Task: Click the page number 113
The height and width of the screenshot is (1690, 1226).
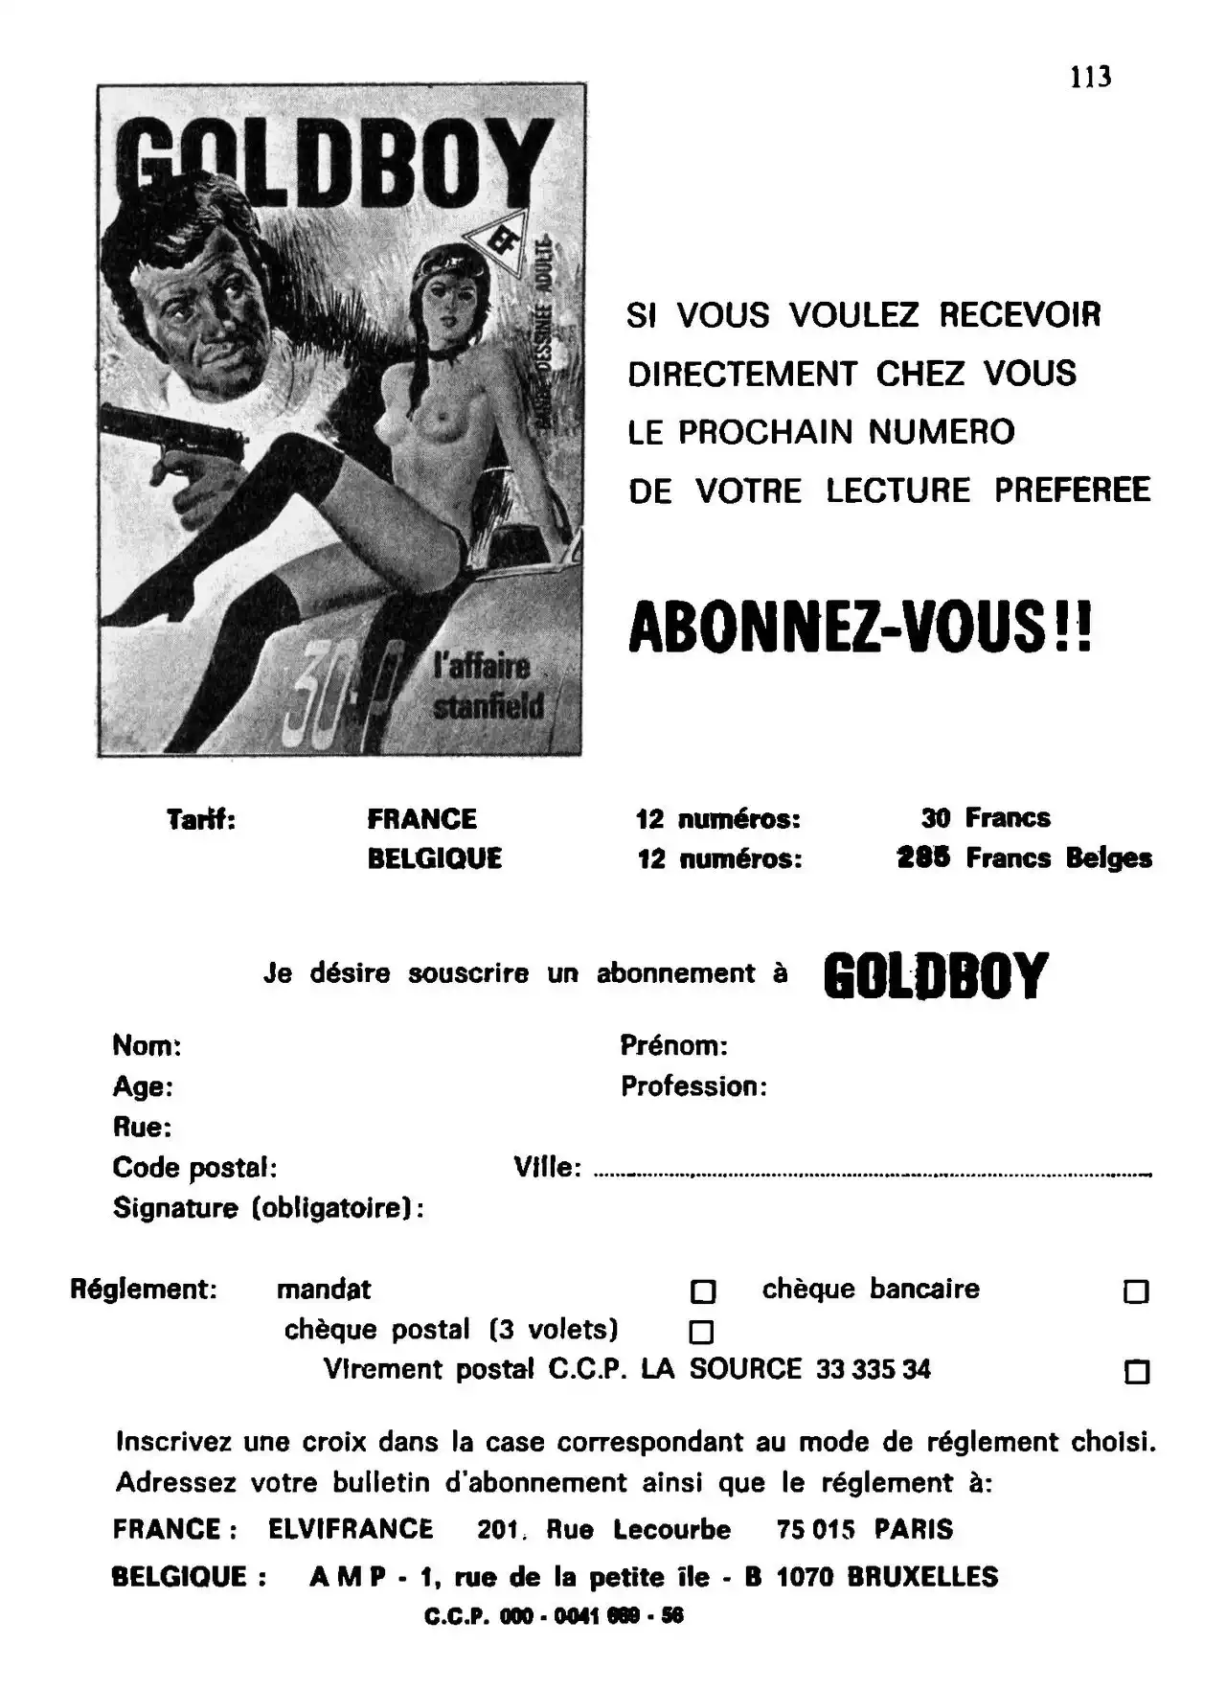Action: [x=1090, y=77]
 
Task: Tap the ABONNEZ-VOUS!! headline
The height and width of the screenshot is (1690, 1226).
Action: [x=859, y=629]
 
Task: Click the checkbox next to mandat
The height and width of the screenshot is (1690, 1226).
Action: [x=703, y=1292]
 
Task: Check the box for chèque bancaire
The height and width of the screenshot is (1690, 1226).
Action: [x=1136, y=1292]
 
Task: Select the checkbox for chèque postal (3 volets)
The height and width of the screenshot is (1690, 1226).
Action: [x=702, y=1332]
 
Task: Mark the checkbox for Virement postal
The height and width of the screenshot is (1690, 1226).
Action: [x=1136, y=1372]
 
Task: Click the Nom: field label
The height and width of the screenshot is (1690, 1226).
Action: [x=148, y=1045]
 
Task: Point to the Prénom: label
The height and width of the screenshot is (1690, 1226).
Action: [x=674, y=1045]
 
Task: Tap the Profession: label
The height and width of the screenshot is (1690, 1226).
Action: [x=693, y=1086]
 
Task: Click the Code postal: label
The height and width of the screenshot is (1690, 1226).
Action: [x=195, y=1168]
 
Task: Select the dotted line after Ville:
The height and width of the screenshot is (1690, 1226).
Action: [x=872, y=1175]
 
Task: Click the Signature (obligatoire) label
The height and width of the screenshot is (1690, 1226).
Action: [x=268, y=1208]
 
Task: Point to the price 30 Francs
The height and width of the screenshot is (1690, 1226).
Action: [x=986, y=818]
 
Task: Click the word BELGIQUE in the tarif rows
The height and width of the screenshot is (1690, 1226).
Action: [x=435, y=858]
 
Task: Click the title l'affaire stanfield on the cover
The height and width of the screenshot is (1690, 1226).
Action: [x=488, y=686]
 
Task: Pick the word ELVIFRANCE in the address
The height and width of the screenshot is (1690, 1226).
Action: [x=351, y=1529]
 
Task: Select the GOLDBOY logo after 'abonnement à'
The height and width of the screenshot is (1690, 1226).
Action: [x=936, y=975]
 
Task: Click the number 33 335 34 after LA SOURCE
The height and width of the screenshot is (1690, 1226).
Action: [x=873, y=1370]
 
